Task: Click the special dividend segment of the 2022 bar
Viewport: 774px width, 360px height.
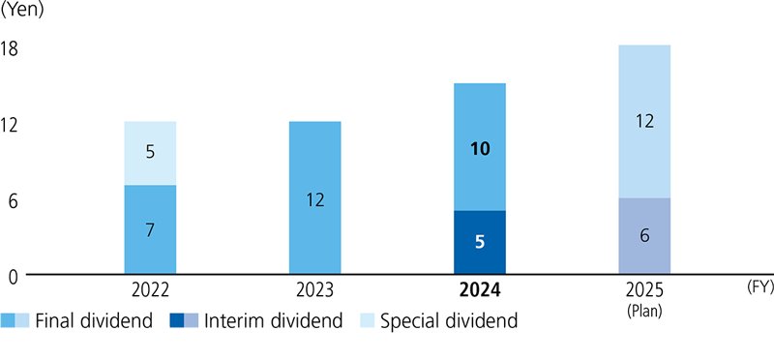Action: pos(150,153)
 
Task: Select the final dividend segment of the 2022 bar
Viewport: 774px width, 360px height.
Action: pos(150,229)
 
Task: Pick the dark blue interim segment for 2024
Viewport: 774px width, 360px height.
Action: pos(480,243)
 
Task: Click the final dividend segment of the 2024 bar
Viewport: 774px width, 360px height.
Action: pos(480,147)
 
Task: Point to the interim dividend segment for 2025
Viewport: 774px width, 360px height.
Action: pos(644,236)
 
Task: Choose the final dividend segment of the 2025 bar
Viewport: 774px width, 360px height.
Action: pos(644,121)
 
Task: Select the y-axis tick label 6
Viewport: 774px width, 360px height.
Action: pos(13,200)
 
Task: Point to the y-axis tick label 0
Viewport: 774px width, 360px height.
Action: pos(13,276)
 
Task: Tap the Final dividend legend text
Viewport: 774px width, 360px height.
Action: pos(94,322)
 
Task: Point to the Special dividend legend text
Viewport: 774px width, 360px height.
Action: pos(449,322)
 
